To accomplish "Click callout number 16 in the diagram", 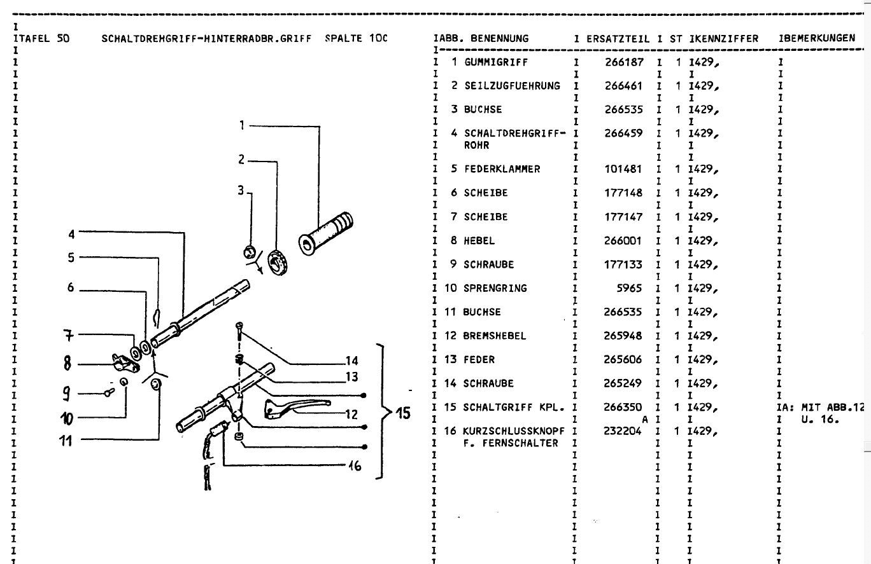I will click(355, 465).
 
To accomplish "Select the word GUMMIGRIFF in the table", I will click(495, 62).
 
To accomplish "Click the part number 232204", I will click(623, 431).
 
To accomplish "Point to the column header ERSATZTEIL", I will click(618, 38).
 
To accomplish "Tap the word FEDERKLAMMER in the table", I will click(502, 169).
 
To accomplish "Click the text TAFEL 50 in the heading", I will click(42, 38).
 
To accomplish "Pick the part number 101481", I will click(623, 169).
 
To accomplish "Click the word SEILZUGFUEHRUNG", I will click(512, 86).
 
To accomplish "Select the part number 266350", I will click(623, 408).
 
